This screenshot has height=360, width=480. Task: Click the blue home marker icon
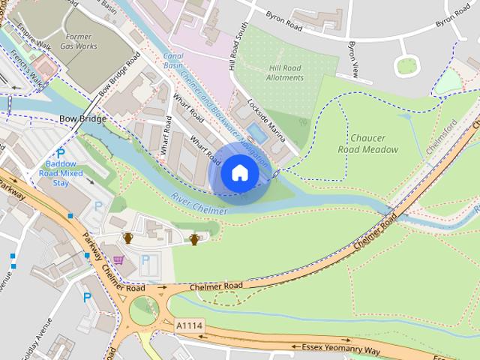(x=239, y=173)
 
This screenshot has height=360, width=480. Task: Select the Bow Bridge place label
(x=82, y=119)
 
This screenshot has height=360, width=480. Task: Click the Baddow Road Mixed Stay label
(x=61, y=173)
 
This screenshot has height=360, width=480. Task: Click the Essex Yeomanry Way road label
(x=341, y=349)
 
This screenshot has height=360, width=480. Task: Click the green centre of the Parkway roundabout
(x=144, y=307)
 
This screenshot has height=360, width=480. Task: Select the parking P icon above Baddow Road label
(x=61, y=153)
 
